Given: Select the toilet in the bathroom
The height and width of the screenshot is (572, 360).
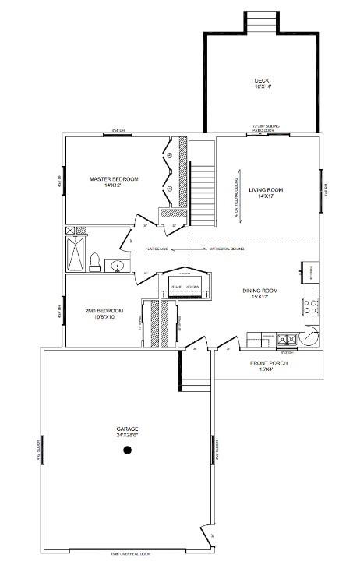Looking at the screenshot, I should point(94,263).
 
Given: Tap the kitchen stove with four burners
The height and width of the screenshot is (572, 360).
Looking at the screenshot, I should point(312,305).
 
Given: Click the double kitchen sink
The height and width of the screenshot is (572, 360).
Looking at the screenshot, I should point(286,339).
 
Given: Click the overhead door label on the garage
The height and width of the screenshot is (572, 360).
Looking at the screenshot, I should point(129,554).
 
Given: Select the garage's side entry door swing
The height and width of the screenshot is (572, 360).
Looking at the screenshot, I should point(206,535).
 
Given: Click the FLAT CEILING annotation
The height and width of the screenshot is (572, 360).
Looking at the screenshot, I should point(157,249).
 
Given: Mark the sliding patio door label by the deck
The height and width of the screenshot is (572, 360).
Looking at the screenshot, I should point(265,127).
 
